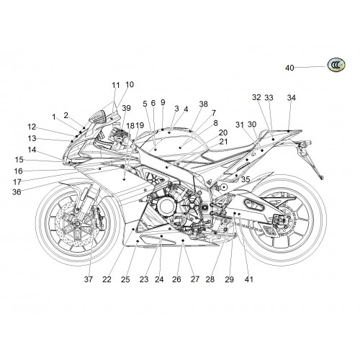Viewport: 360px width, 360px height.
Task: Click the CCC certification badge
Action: (x=336, y=65)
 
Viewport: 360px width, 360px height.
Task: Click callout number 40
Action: (x=289, y=68)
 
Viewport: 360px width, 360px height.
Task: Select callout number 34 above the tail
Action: (x=292, y=98)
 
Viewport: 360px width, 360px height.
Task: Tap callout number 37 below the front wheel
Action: (x=89, y=279)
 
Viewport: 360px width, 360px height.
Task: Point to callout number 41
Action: (x=249, y=279)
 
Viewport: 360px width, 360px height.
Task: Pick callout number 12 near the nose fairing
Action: (x=32, y=127)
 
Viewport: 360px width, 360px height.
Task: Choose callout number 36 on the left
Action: (x=17, y=192)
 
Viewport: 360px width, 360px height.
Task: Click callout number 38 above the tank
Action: (x=204, y=104)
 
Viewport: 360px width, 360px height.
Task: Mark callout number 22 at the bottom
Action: (x=107, y=279)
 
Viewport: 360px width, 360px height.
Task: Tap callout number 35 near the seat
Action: (x=246, y=179)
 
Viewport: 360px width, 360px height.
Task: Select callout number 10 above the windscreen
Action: (x=130, y=84)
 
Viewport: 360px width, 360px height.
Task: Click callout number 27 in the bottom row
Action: (x=195, y=279)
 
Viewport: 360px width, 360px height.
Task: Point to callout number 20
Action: (x=223, y=132)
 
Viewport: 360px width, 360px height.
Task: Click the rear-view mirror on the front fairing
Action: (x=99, y=117)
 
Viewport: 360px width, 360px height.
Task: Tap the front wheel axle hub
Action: (x=78, y=224)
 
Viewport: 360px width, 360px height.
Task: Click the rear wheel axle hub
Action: (x=286, y=219)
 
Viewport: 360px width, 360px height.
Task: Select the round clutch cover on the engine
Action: (x=166, y=206)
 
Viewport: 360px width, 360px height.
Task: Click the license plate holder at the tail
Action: (x=311, y=159)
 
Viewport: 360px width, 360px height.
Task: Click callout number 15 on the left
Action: (x=19, y=160)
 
